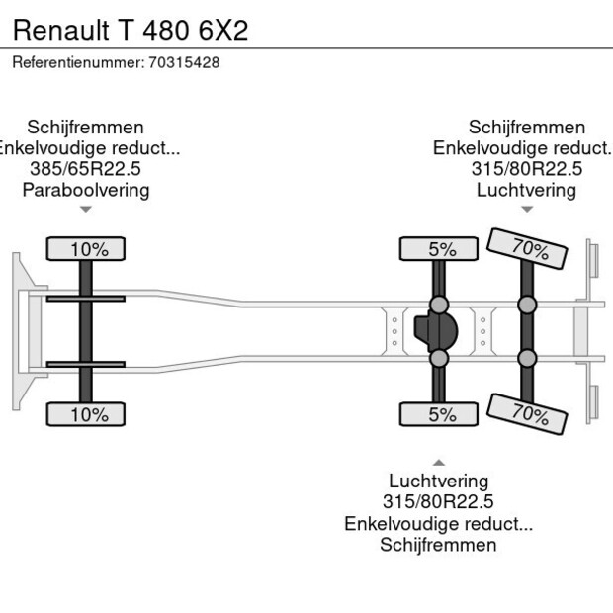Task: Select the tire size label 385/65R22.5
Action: [85, 169]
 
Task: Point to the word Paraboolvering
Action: [85, 190]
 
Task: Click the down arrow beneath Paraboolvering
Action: [86, 209]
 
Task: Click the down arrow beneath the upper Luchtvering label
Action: [526, 209]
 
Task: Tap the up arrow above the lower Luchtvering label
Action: [438, 462]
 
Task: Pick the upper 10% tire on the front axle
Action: [89, 249]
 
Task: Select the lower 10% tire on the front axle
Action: [89, 414]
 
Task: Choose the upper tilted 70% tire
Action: [529, 249]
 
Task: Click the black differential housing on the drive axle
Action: [435, 331]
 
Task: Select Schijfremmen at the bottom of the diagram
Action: [438, 545]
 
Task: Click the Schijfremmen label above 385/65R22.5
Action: [85, 128]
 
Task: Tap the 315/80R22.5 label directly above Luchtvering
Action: [526, 169]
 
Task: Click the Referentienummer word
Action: [77, 62]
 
